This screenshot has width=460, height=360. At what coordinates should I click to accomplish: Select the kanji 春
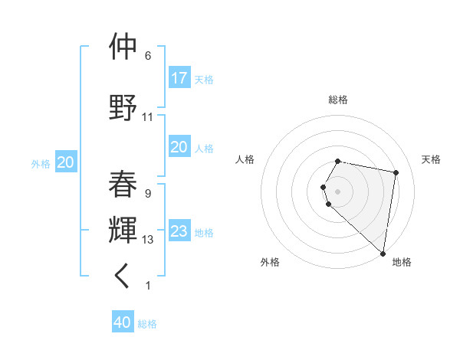pos(123,184)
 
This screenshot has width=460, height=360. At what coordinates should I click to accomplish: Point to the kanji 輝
pos(123,230)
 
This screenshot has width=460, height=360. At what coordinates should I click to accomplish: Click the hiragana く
pos(123,277)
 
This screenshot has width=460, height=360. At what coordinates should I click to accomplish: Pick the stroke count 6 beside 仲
pos(148,56)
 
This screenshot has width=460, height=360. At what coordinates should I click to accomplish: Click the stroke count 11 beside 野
pos(148,117)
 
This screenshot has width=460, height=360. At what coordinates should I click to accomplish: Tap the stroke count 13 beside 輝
pos(148,240)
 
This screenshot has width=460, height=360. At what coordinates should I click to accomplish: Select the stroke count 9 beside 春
pos(148,194)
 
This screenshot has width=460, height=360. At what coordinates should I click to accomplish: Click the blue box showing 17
pos(179,78)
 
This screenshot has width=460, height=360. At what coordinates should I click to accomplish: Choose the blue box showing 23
pos(179,231)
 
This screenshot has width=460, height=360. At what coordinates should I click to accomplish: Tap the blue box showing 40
pos(123,322)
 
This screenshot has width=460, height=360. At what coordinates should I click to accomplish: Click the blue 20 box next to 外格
pos(66,162)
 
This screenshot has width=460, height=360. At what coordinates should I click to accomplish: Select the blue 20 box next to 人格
pos(179,147)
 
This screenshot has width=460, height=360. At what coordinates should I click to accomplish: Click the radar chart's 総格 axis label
pos(338,100)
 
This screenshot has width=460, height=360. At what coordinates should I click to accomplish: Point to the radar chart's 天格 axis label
pos(431,159)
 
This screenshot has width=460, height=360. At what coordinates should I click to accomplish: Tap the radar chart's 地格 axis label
pos(402,262)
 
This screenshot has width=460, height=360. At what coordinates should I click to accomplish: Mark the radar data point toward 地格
pos(383,253)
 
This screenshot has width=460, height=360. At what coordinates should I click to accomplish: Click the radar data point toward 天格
pos(396,173)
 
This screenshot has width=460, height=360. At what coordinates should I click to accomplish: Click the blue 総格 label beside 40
pos(147,324)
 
